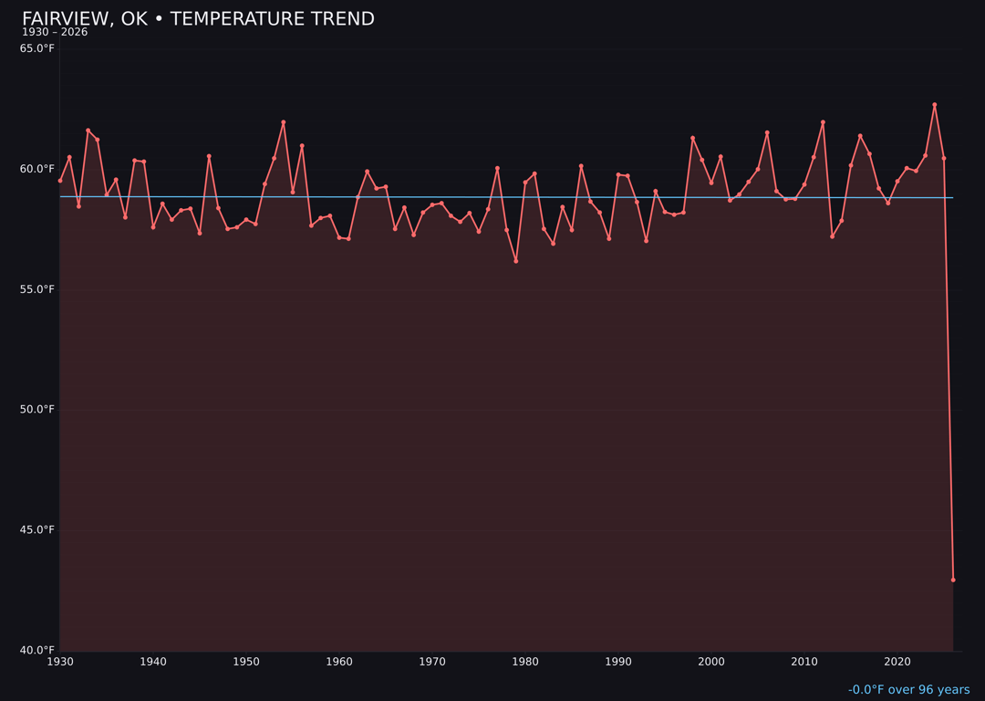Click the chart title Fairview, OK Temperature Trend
click(x=198, y=19)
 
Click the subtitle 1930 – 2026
click(x=55, y=33)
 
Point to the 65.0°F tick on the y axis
click(x=36, y=48)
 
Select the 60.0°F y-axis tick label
click(x=36, y=169)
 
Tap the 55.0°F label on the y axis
click(x=36, y=289)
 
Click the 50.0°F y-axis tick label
click(x=36, y=410)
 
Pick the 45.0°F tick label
click(x=36, y=529)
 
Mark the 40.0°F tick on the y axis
click(x=36, y=650)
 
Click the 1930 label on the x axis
click(x=60, y=662)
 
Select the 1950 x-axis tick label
click(x=246, y=662)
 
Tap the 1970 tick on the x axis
click(x=432, y=662)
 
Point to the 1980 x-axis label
click(x=525, y=662)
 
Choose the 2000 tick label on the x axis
click(x=711, y=662)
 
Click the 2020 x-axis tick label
click(x=897, y=662)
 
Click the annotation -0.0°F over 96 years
click(x=908, y=690)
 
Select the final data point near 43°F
click(x=953, y=580)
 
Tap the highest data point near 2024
click(x=935, y=105)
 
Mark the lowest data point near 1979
click(x=516, y=261)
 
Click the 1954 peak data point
click(x=284, y=122)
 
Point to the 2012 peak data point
click(x=823, y=122)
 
